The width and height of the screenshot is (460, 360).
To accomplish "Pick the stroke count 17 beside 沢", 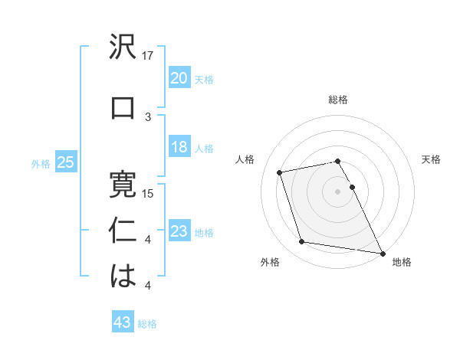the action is point(149,56).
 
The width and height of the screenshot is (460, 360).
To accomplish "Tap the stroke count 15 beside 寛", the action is point(149,193).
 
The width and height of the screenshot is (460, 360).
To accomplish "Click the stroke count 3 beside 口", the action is point(149,116).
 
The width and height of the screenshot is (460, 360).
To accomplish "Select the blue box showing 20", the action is point(179,78).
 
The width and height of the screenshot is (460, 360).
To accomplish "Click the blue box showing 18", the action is point(179,147).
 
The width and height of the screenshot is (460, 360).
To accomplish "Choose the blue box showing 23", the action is point(179,231).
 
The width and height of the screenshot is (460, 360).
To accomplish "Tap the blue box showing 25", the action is point(65,162).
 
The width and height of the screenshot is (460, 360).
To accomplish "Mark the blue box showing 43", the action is point(122,323).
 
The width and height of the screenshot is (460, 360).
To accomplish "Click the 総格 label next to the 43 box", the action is point(147,324).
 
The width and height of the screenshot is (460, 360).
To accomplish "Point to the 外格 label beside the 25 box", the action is point(40,163).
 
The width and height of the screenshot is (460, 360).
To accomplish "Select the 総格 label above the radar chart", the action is point(337,100).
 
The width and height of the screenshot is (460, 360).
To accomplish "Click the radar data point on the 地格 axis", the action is point(382,253).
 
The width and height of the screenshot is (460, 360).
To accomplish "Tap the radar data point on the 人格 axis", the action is point(280,172).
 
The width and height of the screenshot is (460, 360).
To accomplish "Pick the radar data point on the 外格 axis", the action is point(302,242).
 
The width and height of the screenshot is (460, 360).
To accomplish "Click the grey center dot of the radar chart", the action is point(337,191).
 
